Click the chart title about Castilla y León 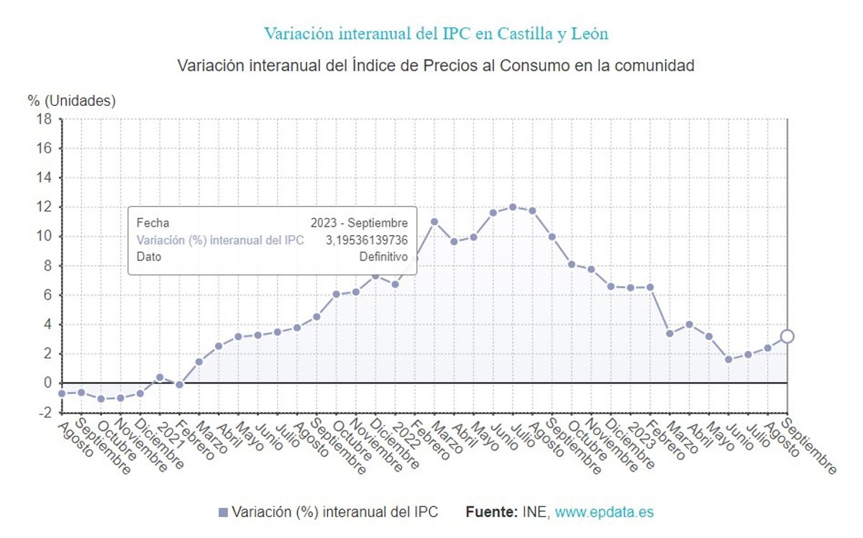tap(436, 34)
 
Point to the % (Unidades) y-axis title tap(71, 101)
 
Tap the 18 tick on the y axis tap(44, 119)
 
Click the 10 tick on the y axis tap(44, 237)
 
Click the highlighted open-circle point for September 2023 tap(787, 336)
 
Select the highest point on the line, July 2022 tap(513, 206)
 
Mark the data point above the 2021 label tap(160, 377)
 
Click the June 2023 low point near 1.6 tap(729, 359)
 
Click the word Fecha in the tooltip tap(152, 223)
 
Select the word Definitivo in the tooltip tap(383, 256)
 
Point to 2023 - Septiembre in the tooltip tap(359, 223)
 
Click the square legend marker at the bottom tap(223, 512)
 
